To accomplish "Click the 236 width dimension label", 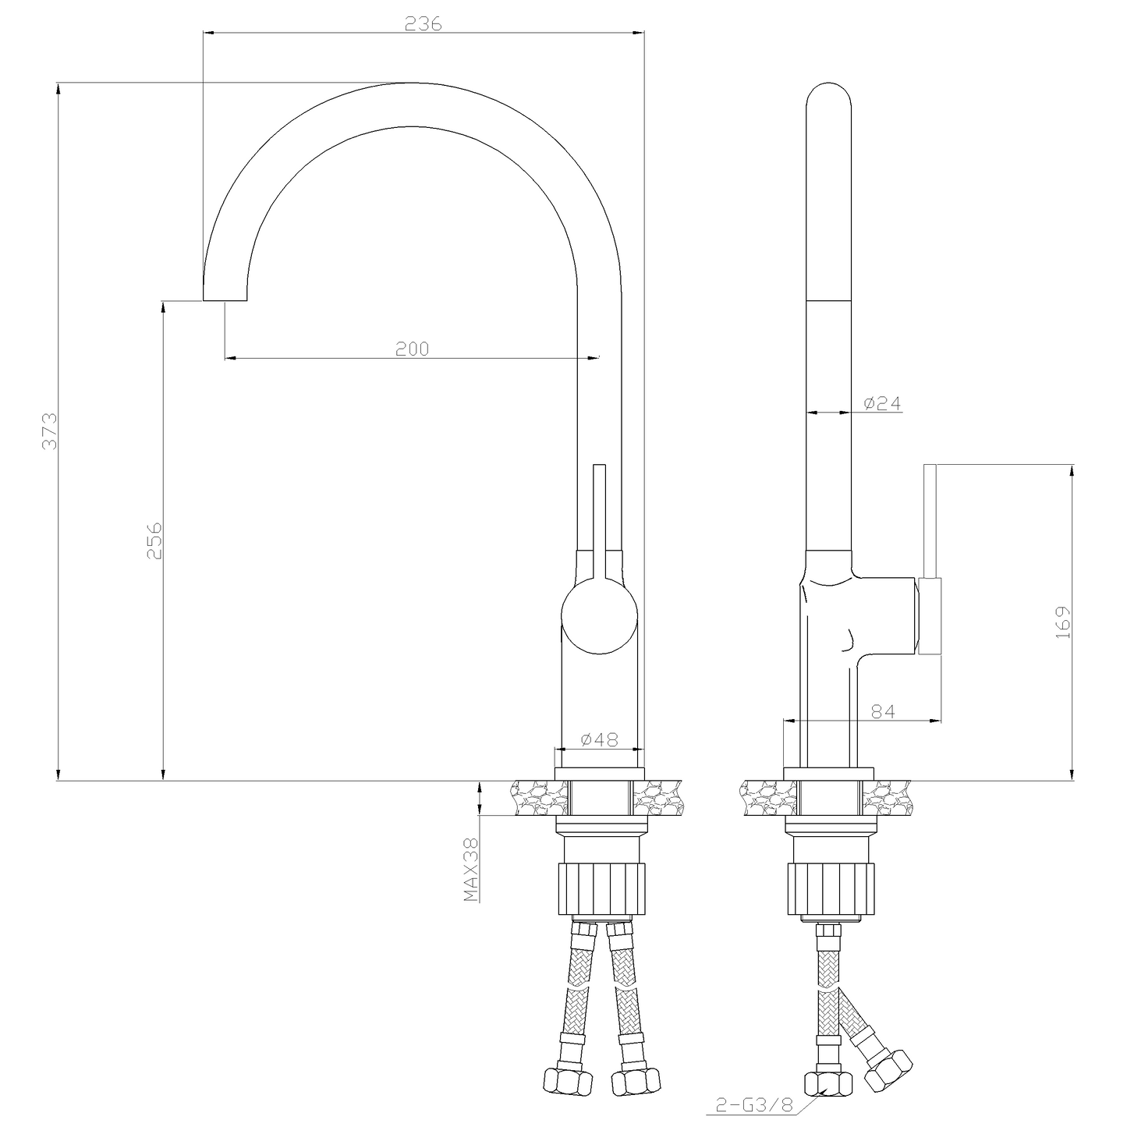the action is click(x=424, y=23).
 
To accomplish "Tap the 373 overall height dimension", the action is click(x=50, y=431).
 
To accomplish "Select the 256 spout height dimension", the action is click(x=154, y=540).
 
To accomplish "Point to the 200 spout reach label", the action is click(x=413, y=349).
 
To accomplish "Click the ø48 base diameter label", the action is click(x=600, y=740).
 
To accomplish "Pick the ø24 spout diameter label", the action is click(x=883, y=403).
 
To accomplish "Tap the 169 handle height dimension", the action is click(x=1063, y=622).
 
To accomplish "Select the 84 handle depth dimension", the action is click(x=883, y=711).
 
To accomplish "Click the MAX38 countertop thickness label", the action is click(x=471, y=869).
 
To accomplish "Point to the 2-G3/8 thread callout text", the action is click(x=754, y=1104).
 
